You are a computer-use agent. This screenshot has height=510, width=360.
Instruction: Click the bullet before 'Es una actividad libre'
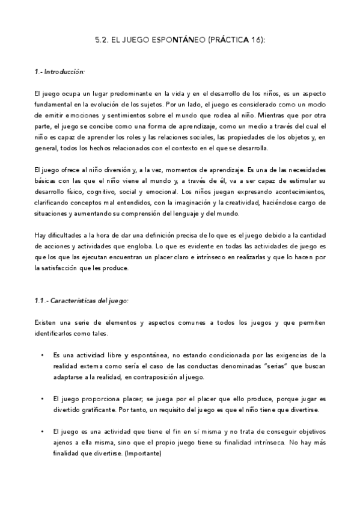coord(42,355)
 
